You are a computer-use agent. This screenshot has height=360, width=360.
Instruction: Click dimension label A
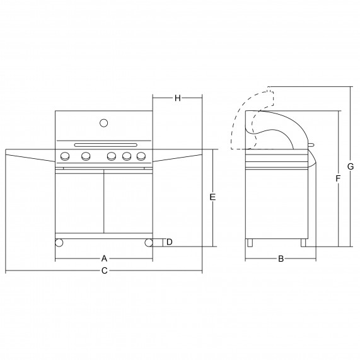[x=104, y=258]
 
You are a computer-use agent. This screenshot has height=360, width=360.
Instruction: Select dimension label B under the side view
[x=281, y=258]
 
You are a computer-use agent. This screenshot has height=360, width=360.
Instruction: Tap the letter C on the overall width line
[x=104, y=270]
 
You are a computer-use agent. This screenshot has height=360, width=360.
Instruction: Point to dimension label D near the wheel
[x=169, y=242]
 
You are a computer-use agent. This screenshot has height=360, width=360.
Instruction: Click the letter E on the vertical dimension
[x=212, y=197]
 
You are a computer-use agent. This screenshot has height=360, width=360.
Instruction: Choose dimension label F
[x=337, y=178]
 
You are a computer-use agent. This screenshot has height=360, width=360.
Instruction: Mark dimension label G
[x=351, y=166]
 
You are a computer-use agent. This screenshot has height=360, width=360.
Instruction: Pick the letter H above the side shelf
[x=177, y=98]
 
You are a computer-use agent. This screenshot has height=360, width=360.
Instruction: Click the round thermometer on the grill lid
[x=104, y=123]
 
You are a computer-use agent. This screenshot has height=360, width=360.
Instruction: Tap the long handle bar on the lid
[x=106, y=145]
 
